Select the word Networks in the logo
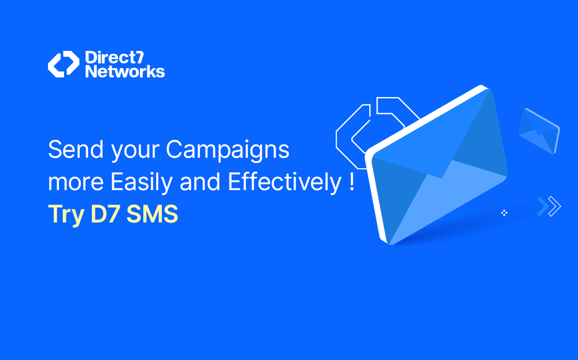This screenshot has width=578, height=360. [125, 72]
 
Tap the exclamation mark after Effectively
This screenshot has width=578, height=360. [352, 182]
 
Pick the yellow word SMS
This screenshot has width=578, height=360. [153, 214]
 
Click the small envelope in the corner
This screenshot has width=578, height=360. [538, 130]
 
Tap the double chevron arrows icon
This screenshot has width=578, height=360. [549, 206]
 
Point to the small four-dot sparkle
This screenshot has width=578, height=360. [504, 213]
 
